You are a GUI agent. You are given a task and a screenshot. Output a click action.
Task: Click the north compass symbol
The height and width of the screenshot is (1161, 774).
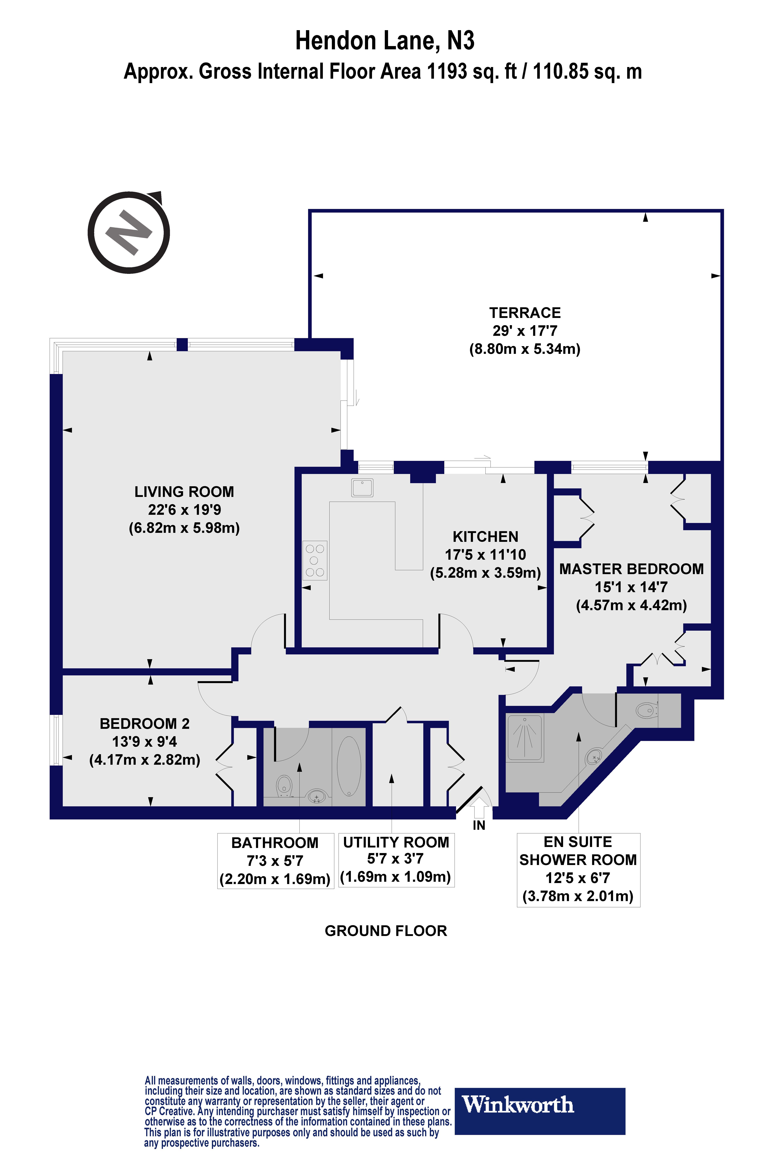129,233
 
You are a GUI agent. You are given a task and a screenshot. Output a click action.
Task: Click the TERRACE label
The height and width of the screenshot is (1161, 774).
525,313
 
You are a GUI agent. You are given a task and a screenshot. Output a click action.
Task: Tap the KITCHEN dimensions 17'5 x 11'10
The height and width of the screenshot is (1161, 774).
485,555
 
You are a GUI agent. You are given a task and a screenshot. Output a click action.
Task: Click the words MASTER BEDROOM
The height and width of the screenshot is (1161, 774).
631,569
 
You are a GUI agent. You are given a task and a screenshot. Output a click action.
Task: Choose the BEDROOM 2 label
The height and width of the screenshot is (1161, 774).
145,724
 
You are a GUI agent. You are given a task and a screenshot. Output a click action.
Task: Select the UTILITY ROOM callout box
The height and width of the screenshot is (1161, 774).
396,860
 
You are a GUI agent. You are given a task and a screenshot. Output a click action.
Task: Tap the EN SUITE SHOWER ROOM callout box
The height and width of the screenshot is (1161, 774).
578,870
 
